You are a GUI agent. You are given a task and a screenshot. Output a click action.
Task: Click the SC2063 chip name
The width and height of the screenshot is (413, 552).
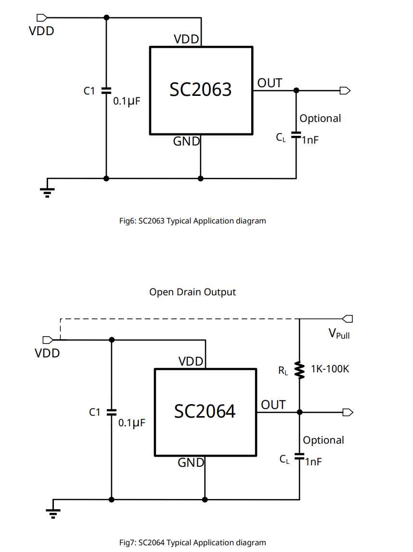pyautogui.click(x=200, y=90)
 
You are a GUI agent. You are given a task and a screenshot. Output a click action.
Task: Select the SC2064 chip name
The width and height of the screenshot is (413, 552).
pyautogui.click(x=205, y=411)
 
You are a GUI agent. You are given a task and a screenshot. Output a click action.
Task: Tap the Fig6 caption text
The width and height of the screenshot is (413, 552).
pyautogui.click(x=193, y=221)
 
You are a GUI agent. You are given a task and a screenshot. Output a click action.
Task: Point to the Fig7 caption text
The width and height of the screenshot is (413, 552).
pyautogui.click(x=193, y=542)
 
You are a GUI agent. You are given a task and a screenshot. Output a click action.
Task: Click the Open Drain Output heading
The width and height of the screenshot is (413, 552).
pyautogui.click(x=193, y=292)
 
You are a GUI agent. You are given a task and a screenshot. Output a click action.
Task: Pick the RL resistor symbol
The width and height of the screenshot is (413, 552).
pyautogui.click(x=300, y=370)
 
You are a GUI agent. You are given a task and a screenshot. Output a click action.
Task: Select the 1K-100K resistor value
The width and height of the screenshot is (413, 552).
pyautogui.click(x=330, y=369)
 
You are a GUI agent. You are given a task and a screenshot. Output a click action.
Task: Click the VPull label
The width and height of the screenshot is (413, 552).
pyautogui.click(x=339, y=333)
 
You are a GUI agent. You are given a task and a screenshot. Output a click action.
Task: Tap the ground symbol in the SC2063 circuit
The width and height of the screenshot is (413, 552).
pyautogui.click(x=47, y=190)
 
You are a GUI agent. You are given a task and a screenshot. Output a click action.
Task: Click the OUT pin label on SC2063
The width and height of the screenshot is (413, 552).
pyautogui.click(x=270, y=83)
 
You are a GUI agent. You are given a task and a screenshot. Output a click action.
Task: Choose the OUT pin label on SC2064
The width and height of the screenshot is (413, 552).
pyautogui.click(x=273, y=405)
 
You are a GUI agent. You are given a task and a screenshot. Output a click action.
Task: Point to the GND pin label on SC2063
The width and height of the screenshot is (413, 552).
pyautogui.click(x=186, y=141)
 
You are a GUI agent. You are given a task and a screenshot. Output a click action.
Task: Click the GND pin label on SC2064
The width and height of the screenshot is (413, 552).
pyautogui.click(x=191, y=463)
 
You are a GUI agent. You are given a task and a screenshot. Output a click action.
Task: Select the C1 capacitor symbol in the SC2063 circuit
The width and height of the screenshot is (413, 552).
pyautogui.click(x=106, y=91)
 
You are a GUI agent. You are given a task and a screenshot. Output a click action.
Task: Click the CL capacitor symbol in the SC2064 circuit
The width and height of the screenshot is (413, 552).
pyautogui.click(x=300, y=455)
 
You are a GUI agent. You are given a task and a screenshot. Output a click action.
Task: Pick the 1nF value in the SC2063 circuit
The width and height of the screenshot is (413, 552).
pyautogui.click(x=310, y=140)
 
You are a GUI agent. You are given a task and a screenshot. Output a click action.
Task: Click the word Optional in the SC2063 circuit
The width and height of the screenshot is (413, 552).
pyautogui.click(x=320, y=118)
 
